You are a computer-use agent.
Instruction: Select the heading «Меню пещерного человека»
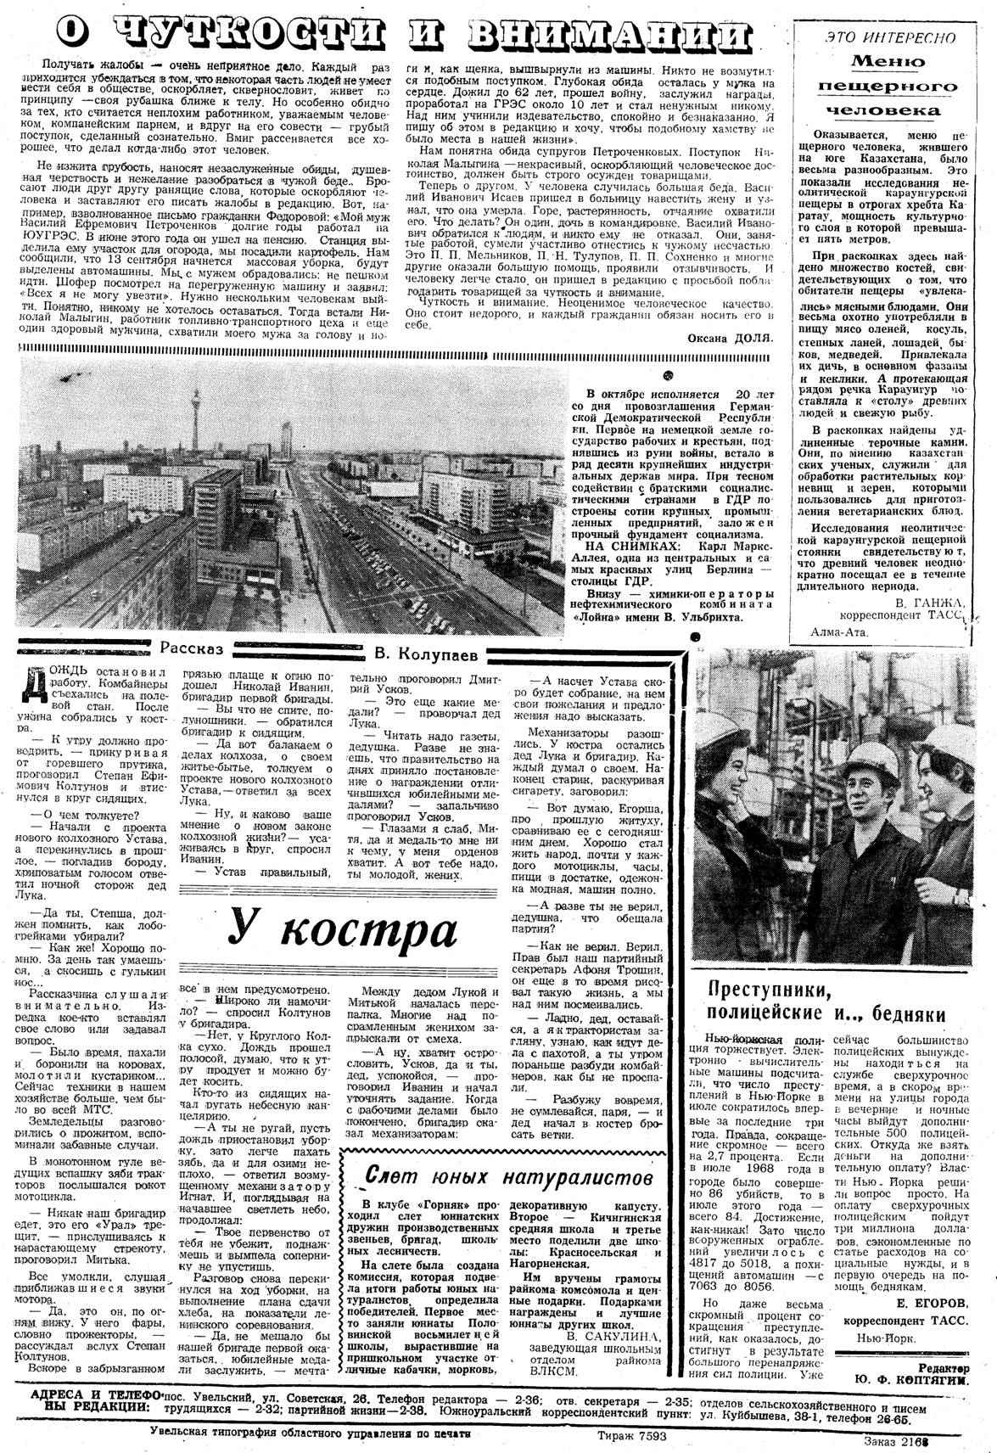pyautogui.click(x=888, y=85)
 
